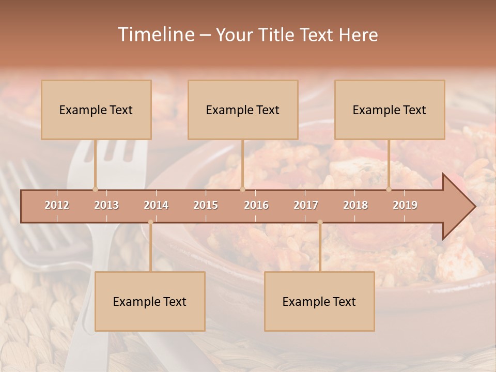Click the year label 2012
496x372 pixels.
[57, 205]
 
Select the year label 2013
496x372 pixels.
[106, 205]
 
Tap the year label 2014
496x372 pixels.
[156, 205]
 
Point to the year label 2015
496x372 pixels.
[206, 205]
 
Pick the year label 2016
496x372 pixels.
[256, 205]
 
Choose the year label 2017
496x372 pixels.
[306, 205]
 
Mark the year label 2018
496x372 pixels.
[355, 205]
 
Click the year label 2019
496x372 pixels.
[405, 205]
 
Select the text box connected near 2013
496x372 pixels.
[96, 110]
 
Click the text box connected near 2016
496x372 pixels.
[243, 110]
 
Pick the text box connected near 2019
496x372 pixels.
[390, 110]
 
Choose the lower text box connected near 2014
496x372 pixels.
[150, 301]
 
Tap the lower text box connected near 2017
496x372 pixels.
[319, 301]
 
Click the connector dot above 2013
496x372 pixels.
[95, 189]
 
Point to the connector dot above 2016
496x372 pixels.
[242, 189]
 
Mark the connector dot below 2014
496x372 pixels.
[150, 222]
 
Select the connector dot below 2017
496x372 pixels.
[320, 222]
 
